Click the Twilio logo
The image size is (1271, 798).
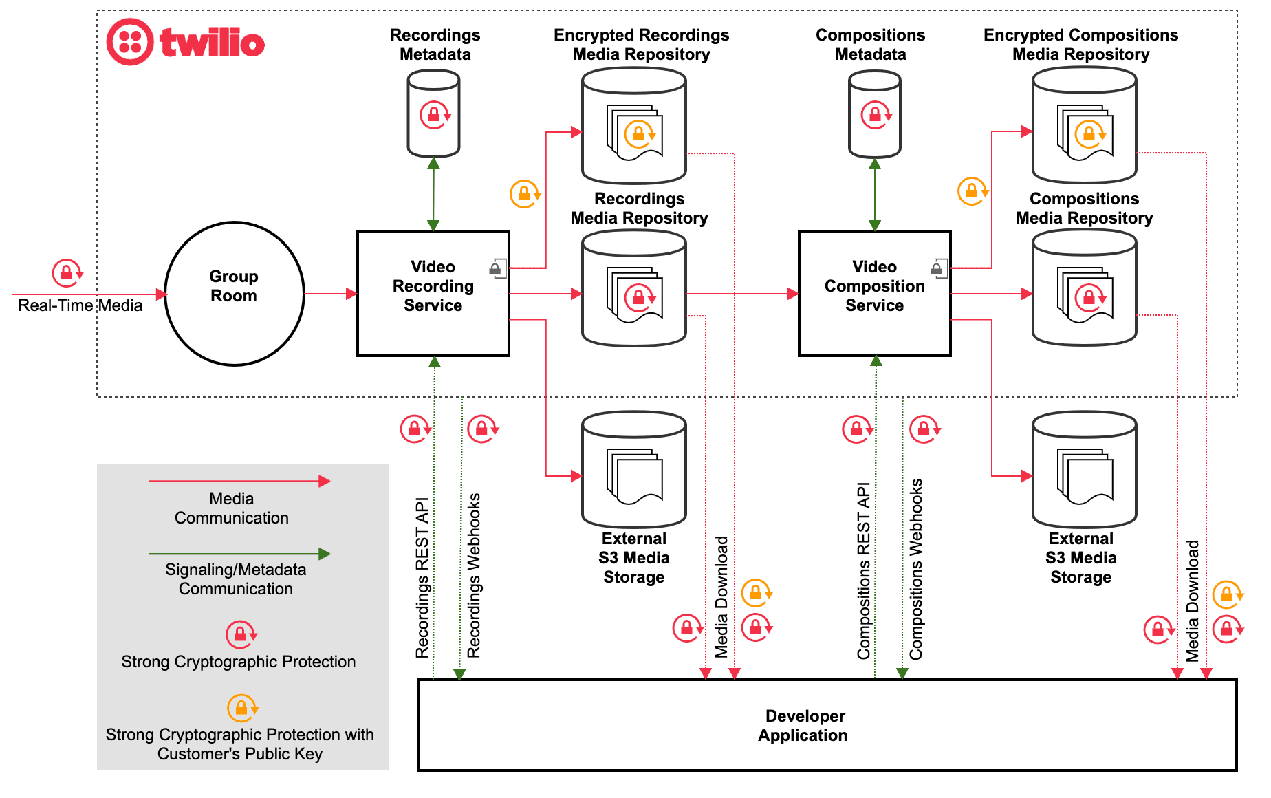[186, 43]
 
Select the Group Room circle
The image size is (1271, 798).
[234, 294]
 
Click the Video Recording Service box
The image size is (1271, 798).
[433, 294]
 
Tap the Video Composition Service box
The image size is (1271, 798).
[873, 294]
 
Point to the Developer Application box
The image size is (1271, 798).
[826, 725]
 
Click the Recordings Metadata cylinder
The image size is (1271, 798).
[433, 115]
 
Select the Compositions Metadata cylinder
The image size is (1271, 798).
[874, 115]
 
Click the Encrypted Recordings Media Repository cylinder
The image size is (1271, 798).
[633, 127]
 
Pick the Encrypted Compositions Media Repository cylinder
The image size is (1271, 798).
[1084, 127]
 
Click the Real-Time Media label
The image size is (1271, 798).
[80, 305]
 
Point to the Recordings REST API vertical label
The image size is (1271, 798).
[422, 578]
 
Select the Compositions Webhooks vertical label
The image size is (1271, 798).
[916, 570]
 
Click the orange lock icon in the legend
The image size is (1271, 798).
[241, 707]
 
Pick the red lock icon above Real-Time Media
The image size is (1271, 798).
[67, 273]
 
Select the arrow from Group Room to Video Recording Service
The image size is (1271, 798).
[330, 294]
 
